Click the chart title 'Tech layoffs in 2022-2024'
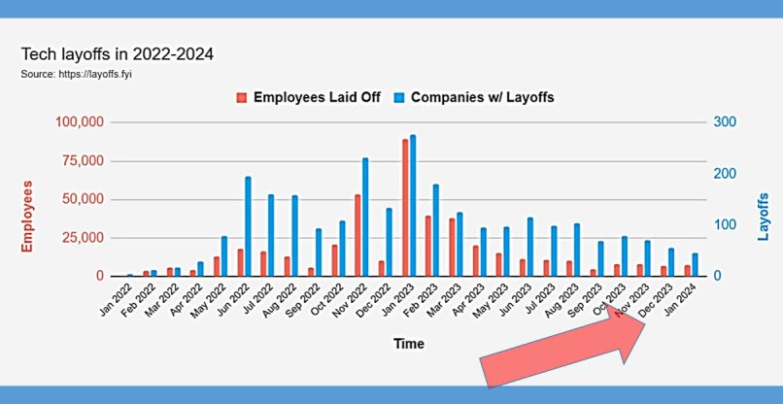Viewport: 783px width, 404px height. click(118, 54)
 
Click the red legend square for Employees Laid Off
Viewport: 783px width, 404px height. click(242, 98)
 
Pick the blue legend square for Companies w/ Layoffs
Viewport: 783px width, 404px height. click(399, 98)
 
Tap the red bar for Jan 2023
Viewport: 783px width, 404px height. click(405, 208)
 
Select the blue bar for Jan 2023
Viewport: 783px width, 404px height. click(413, 206)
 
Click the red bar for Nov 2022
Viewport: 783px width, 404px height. click(357, 236)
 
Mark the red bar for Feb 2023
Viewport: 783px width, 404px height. click(428, 246)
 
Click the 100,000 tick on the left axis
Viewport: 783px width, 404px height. click(77, 122)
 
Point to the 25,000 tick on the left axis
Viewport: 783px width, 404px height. click(81, 238)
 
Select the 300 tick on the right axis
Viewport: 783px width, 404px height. click(725, 122)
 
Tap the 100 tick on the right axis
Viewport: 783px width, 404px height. click(725, 225)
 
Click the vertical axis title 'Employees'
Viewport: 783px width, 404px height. click(27, 216)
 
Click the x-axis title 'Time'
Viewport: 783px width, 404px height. click(408, 344)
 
